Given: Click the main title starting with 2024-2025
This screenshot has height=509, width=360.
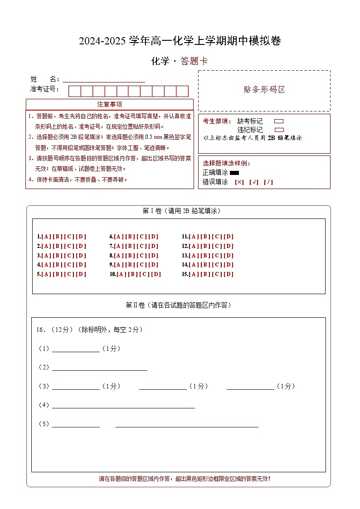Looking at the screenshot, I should (180, 41).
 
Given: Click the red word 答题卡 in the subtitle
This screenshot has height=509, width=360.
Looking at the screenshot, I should (194, 61).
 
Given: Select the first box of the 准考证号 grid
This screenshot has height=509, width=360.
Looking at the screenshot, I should (74, 91).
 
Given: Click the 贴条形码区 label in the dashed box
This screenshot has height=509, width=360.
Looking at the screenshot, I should (264, 90).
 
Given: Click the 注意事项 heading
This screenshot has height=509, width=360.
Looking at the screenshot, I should (110, 104).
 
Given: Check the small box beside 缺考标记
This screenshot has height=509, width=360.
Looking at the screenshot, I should (279, 121).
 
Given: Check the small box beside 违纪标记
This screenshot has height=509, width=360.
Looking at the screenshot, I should (279, 130).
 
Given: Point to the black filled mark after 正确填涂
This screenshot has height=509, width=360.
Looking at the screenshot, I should (234, 173).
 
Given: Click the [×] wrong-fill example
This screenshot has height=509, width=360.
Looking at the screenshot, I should (239, 182).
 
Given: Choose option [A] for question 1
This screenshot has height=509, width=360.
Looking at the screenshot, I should (46, 237).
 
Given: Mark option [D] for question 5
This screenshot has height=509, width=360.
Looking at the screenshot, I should (81, 274).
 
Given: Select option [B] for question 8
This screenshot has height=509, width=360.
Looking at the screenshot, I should (131, 256).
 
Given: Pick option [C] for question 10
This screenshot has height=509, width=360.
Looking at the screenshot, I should (145, 274).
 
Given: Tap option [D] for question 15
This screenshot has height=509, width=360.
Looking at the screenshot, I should (229, 274).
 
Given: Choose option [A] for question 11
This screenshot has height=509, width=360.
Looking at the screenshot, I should (194, 237).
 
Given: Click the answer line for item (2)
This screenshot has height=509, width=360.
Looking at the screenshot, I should (100, 368).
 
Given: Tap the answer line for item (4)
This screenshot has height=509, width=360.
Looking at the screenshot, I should (123, 406).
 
